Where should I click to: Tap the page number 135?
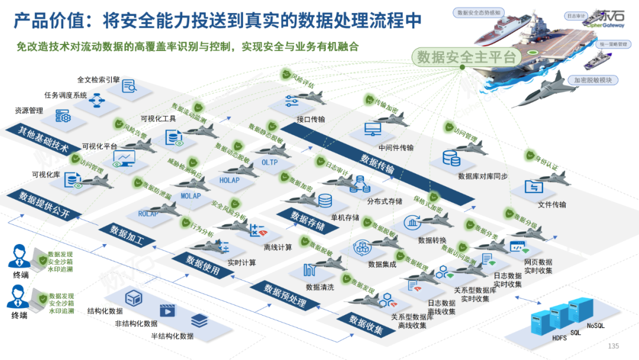pyautogui.click(x=614, y=346)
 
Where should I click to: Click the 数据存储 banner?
pyautogui.click(x=308, y=220)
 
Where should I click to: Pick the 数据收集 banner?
pyautogui.click(x=366, y=325)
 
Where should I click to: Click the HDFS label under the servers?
pyautogui.click(x=560, y=338)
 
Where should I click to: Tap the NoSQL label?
pyautogui.click(x=596, y=325)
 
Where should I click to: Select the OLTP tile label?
pyautogui.click(x=269, y=162)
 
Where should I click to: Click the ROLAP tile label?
pyautogui.click(x=148, y=213)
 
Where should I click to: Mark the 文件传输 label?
pyautogui.click(x=552, y=205)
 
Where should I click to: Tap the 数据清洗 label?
pyautogui.click(x=319, y=287)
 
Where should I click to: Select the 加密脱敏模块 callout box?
pyautogui.click(x=592, y=80)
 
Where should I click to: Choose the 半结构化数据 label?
pyautogui.click(x=172, y=336)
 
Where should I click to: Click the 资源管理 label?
pyautogui.click(x=29, y=110)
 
